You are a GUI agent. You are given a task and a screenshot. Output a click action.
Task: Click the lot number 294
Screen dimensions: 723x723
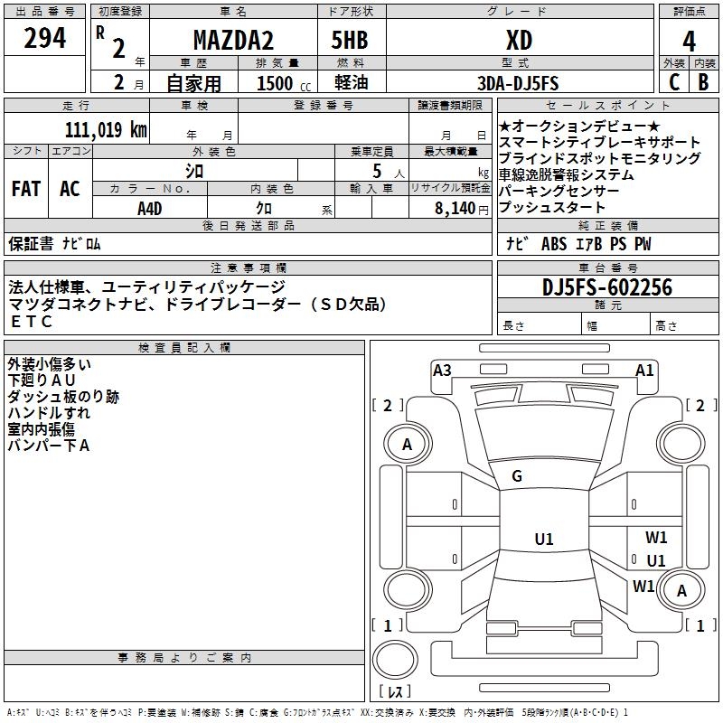45,38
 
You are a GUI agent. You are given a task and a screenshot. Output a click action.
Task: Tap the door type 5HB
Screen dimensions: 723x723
352,41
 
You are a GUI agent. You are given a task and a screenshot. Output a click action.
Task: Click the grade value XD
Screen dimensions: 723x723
519,41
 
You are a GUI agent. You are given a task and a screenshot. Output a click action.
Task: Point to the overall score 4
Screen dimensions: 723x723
689,41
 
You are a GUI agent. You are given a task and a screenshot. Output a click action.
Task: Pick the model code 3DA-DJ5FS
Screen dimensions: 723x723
519,83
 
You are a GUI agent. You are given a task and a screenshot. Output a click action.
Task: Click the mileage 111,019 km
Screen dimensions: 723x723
106,129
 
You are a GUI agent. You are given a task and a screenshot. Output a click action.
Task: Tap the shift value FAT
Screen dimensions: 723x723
26,189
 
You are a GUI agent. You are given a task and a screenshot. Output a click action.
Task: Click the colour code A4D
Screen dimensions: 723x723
150,207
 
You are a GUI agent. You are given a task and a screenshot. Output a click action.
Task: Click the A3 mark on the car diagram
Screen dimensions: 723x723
442,370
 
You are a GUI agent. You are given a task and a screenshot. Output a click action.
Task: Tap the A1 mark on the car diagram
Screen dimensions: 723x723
644,370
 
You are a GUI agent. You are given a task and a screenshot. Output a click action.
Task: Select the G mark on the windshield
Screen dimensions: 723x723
517,476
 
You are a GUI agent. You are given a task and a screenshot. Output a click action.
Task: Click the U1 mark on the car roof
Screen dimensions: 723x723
543,540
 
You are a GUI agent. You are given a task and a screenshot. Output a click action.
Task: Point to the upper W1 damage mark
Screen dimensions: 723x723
656,537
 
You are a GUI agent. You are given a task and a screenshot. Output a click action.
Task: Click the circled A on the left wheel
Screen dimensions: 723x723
407,444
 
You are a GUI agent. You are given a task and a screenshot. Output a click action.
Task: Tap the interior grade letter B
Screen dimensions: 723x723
703,81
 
